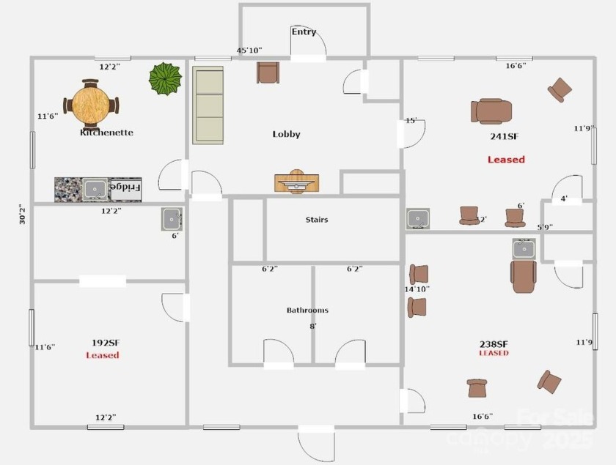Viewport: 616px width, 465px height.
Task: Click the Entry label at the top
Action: click(304, 31)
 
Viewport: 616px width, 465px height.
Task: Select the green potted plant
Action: click(165, 78)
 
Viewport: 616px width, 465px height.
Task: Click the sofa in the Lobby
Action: click(208, 105)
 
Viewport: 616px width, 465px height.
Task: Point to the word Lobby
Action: click(286, 134)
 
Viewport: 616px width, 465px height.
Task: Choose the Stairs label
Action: click(316, 220)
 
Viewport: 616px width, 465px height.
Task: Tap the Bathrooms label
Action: click(307, 310)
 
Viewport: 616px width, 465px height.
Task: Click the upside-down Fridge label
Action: click(125, 188)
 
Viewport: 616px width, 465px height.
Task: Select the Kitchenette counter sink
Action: click(95, 189)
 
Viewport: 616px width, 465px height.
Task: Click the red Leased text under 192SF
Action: click(102, 355)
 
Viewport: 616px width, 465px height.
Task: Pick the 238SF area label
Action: click(494, 343)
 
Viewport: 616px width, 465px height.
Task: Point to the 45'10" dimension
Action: click(249, 51)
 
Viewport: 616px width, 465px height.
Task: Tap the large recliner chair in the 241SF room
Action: click(491, 111)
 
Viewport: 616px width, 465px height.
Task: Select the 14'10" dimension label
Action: click(417, 289)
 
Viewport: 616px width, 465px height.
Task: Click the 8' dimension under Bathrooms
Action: click(313, 326)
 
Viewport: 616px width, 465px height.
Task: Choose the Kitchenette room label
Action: click(106, 133)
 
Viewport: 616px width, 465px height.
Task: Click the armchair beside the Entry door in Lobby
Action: click(268, 72)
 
